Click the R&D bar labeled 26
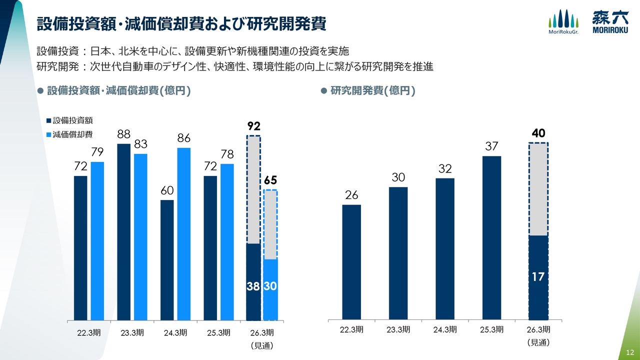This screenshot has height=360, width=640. [351, 261]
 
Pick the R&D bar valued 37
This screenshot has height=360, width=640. [491, 237]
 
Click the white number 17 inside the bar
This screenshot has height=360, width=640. [538, 276]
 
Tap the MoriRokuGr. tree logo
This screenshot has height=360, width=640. [563, 22]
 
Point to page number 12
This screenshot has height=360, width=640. [629, 353]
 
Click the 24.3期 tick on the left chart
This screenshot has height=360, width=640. [175, 332]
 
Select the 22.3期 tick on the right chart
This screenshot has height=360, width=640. [351, 329]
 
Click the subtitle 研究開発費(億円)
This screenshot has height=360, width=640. [373, 90]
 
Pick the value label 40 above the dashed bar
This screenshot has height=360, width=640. [538, 133]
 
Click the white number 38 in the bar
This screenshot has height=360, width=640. [253, 286]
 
